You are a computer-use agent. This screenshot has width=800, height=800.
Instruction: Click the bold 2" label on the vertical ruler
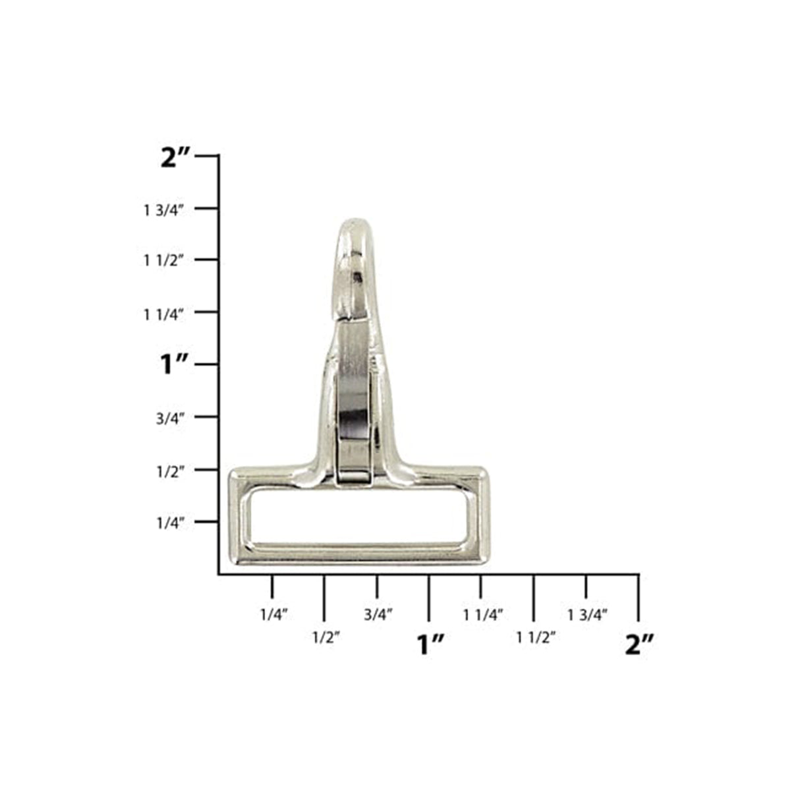(175, 158)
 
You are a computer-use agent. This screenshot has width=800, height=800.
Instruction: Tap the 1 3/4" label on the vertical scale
(163, 210)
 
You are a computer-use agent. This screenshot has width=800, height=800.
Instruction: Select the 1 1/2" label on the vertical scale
(163, 261)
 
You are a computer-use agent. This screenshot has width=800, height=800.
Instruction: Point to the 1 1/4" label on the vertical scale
(163, 314)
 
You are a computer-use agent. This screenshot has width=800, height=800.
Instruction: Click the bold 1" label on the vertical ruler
(175, 364)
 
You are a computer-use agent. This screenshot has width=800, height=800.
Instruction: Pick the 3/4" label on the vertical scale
(170, 418)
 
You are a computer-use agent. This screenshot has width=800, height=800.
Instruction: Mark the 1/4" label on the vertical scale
(170, 523)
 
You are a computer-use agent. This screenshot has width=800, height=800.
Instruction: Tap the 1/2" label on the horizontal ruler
(326, 637)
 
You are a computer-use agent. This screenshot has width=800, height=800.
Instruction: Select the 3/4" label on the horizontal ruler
(378, 615)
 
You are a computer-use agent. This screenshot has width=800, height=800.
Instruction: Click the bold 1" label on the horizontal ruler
(431, 644)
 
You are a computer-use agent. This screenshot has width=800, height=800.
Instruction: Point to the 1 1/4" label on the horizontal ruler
(483, 615)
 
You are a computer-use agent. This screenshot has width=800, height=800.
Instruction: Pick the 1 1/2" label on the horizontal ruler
(536, 637)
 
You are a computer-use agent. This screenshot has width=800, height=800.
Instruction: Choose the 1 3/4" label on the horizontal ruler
(587, 615)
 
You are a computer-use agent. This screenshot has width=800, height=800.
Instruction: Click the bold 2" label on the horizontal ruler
(639, 644)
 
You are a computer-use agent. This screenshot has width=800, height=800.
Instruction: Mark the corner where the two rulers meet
(219, 575)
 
